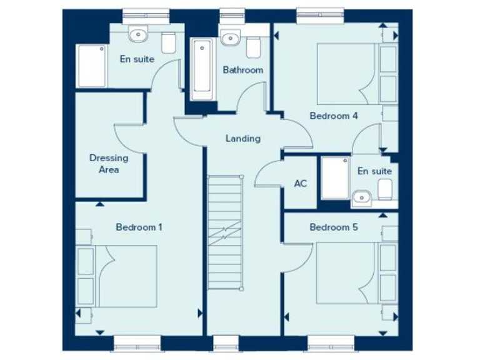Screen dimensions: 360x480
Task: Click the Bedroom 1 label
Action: click(x=139, y=227)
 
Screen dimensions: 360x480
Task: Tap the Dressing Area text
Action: click(x=109, y=164)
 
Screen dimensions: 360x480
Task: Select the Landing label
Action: click(x=243, y=139)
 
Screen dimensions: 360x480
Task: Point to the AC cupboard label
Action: click(x=300, y=184)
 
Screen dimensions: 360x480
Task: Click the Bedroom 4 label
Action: click(x=334, y=115)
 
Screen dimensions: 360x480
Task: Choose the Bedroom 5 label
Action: click(x=334, y=227)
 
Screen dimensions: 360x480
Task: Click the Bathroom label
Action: click(x=243, y=70)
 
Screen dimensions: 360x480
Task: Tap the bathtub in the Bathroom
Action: click(x=202, y=69)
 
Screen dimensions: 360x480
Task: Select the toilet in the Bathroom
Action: click(x=254, y=45)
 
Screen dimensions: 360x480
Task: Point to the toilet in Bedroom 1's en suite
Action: click(x=168, y=43)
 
